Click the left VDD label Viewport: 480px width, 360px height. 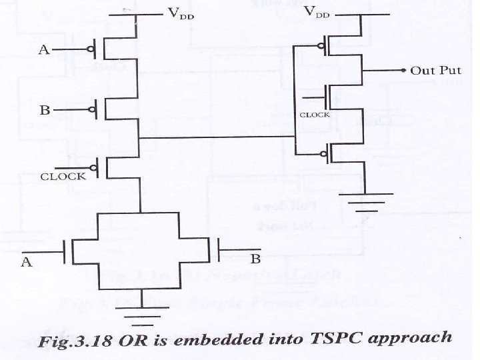tap(179, 16)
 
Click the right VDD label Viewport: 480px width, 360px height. tap(319, 13)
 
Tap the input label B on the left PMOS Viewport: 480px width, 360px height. tap(44, 109)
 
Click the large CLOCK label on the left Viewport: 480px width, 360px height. tap(63, 177)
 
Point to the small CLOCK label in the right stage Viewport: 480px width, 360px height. tap(314, 115)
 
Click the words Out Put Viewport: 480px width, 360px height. tap(433, 70)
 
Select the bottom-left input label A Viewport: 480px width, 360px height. tap(27, 262)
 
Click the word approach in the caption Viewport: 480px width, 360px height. tap(414, 338)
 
